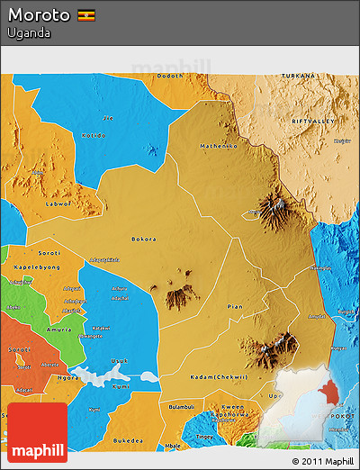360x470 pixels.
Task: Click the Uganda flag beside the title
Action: [87, 15]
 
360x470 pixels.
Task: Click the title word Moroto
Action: [40, 15]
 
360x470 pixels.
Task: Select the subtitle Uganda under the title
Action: [29, 33]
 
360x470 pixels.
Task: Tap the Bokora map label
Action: [144, 239]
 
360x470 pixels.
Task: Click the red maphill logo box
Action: [37, 432]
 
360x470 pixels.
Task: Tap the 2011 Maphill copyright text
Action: [322, 461]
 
